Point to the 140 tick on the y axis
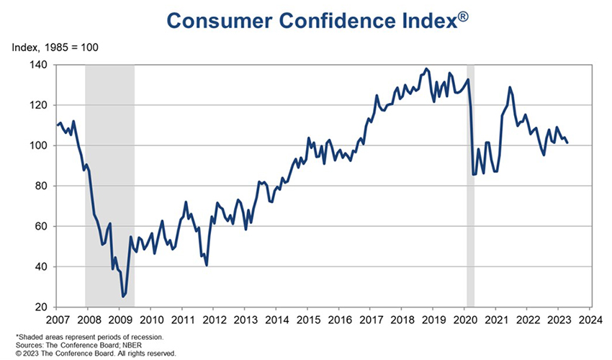(38, 65)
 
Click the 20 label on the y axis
(41, 307)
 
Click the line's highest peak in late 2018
(426, 69)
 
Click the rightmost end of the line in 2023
(568, 143)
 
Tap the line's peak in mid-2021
(510, 88)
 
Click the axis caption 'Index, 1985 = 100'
(55, 48)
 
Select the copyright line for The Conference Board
(94, 354)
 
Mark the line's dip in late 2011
(207, 265)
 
